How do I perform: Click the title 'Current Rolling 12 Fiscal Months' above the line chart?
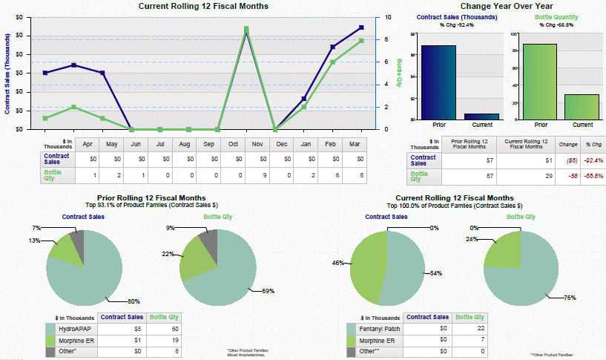point(203,6)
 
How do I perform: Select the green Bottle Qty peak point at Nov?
point(246,29)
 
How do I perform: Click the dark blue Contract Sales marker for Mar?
point(361,27)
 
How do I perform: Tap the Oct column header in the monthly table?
point(233,144)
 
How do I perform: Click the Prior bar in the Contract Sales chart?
point(438,82)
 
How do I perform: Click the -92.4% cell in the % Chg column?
point(593,159)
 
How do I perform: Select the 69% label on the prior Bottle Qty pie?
point(268,291)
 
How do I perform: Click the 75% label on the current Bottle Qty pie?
point(570,298)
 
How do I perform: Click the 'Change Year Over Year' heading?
point(503,6)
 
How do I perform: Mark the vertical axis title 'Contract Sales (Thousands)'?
point(7,73)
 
